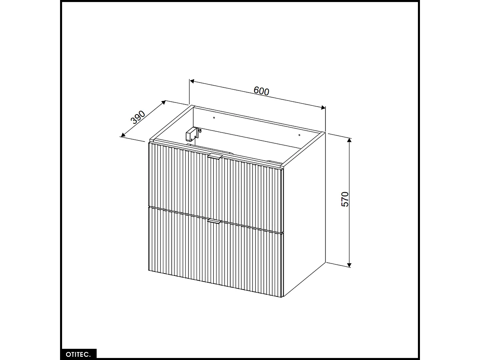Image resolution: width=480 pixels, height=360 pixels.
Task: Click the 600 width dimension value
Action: click(261, 91)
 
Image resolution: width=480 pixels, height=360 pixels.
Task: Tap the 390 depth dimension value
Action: click(139, 117)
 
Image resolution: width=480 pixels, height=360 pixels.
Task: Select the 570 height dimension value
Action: click(345, 199)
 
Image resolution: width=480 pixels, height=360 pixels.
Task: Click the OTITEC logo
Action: click(78, 354)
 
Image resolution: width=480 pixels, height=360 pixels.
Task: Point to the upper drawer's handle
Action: click(215, 157)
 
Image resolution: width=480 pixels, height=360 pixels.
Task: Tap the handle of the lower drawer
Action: click(215, 221)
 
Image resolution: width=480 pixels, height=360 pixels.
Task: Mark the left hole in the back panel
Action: click(214, 118)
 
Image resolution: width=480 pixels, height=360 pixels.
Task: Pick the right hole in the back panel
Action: click(300, 135)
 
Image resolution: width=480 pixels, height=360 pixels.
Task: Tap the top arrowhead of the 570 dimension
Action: click(349, 140)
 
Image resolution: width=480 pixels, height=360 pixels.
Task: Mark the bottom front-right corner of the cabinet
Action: click(283, 297)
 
